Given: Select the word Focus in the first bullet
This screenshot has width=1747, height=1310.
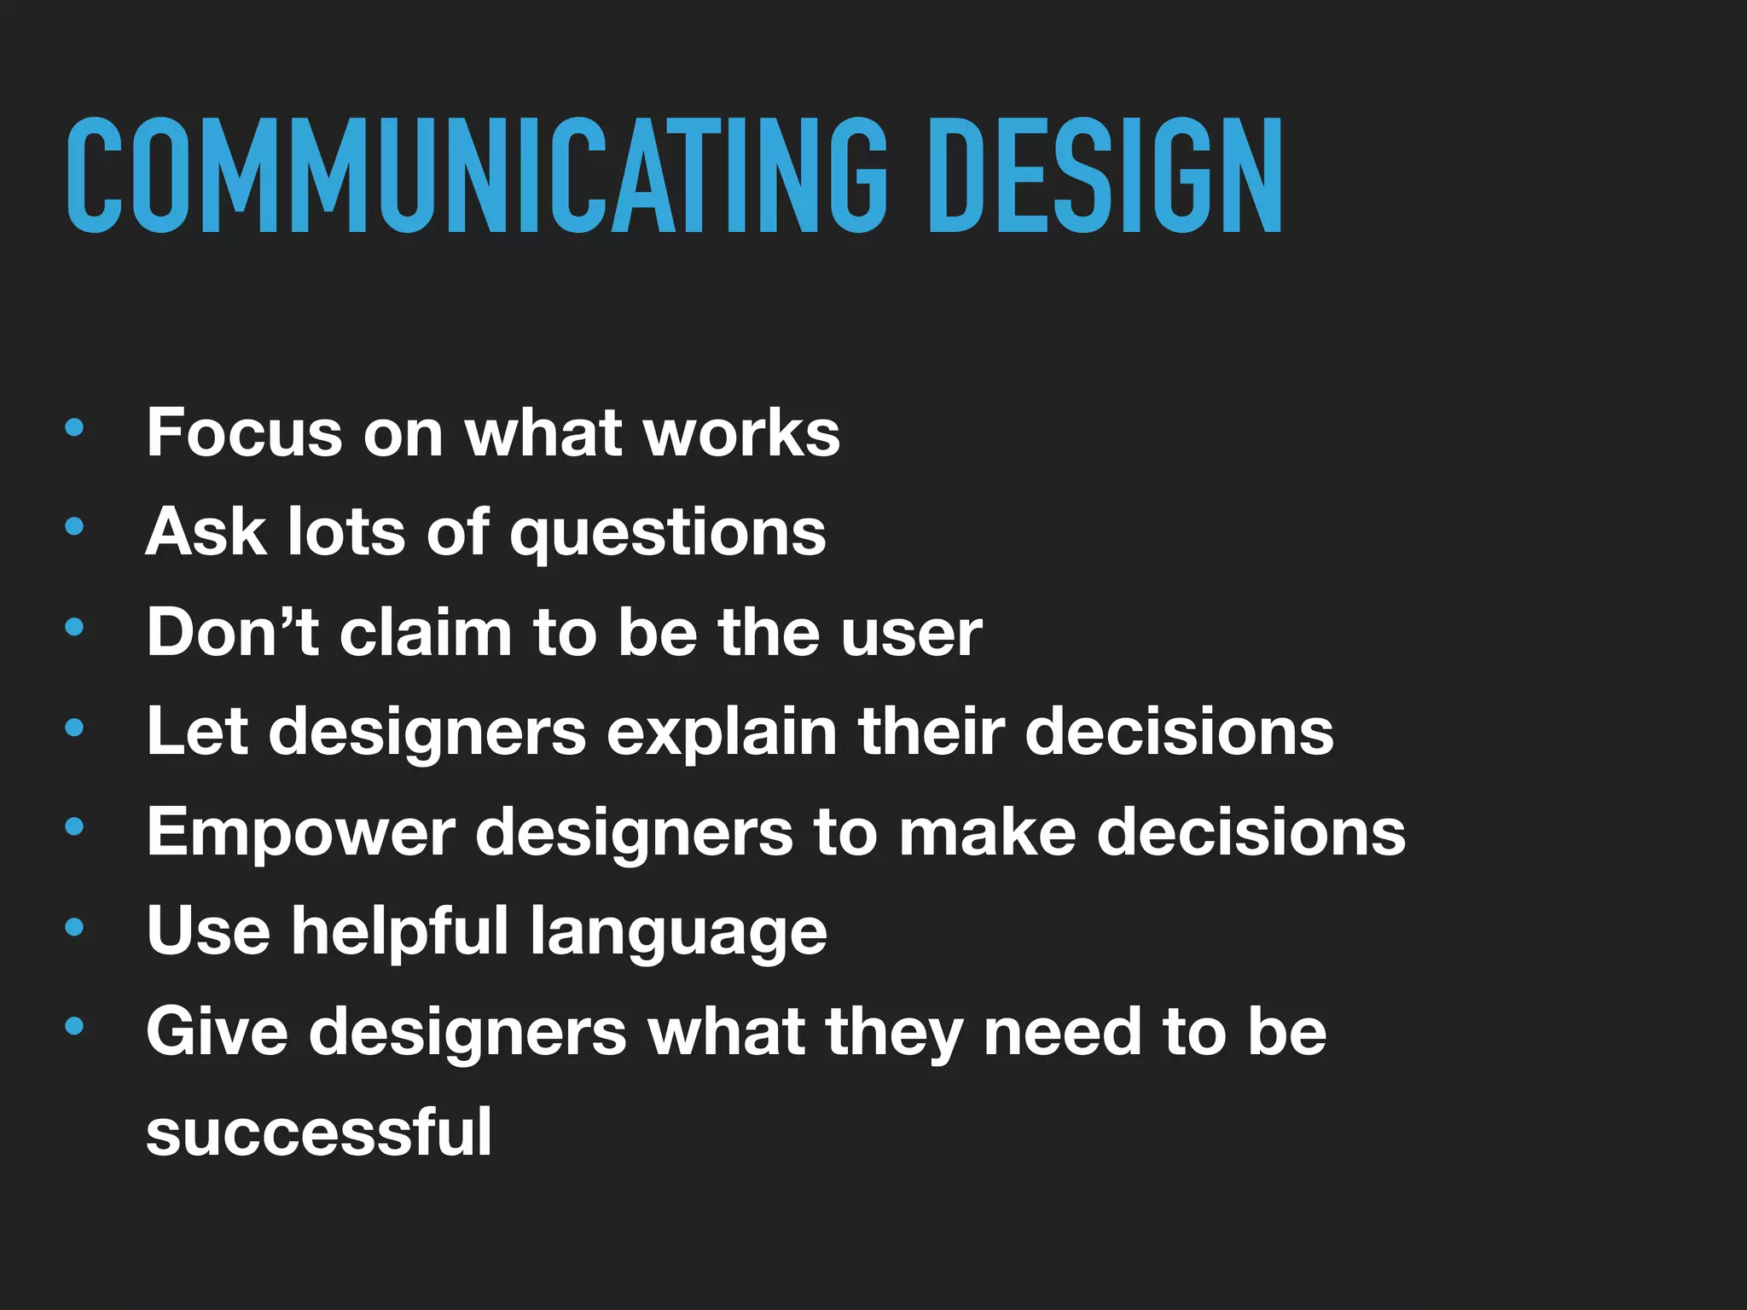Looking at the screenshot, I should tap(244, 432).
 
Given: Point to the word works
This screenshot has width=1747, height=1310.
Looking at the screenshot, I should tap(742, 432).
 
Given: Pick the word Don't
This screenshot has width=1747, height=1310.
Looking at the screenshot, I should tap(232, 632).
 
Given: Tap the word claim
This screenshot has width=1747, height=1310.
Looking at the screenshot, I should tap(425, 632).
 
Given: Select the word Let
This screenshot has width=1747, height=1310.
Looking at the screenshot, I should tap(197, 731).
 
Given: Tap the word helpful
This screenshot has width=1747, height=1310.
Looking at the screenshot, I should tap(400, 930).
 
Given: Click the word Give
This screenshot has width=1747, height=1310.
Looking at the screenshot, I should tap(217, 1031).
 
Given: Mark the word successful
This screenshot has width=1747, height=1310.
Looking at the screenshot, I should tap(319, 1132).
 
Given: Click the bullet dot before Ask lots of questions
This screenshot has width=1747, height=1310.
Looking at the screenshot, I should tap(74, 527).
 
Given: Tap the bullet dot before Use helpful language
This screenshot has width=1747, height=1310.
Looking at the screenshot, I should tap(74, 926).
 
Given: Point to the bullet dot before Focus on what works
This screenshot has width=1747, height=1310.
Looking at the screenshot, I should tap(74, 427).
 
